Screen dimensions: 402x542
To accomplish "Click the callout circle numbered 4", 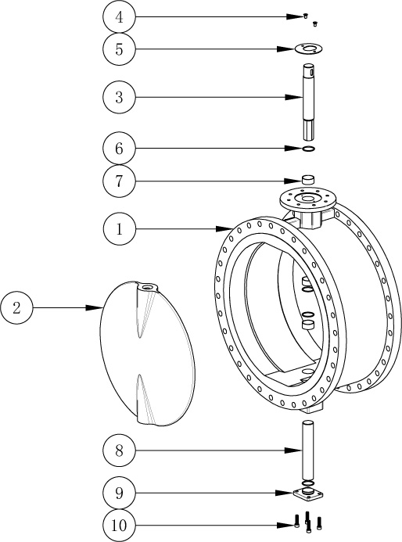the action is click(119, 16).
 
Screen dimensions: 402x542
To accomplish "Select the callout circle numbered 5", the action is click(119, 49).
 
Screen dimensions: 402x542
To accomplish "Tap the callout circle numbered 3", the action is click(119, 97).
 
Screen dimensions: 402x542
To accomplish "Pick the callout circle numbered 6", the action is click(119, 149).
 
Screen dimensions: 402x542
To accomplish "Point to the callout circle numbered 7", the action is click(119, 181).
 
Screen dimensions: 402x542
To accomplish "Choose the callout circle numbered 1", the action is click(119, 229).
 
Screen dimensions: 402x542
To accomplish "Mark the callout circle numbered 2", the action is click(16, 307).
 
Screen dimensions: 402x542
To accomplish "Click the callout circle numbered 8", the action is click(119, 450).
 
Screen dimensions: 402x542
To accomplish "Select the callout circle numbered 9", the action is click(119, 493).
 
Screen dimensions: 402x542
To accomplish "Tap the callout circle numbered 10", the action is click(119, 525).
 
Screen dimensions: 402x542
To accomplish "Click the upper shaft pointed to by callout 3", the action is click(309, 102).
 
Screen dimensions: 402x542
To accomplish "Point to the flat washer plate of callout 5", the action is click(310, 48).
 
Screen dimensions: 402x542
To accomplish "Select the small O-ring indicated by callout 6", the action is click(308, 149).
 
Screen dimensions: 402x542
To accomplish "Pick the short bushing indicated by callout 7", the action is click(308, 180).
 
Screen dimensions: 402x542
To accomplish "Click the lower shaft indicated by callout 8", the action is click(307, 450).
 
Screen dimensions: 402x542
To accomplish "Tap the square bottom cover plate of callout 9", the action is click(307, 494).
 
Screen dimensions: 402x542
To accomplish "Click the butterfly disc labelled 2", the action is click(147, 354).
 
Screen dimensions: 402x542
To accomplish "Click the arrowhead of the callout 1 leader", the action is click(223, 229).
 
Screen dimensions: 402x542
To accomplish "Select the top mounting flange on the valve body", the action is click(307, 199).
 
